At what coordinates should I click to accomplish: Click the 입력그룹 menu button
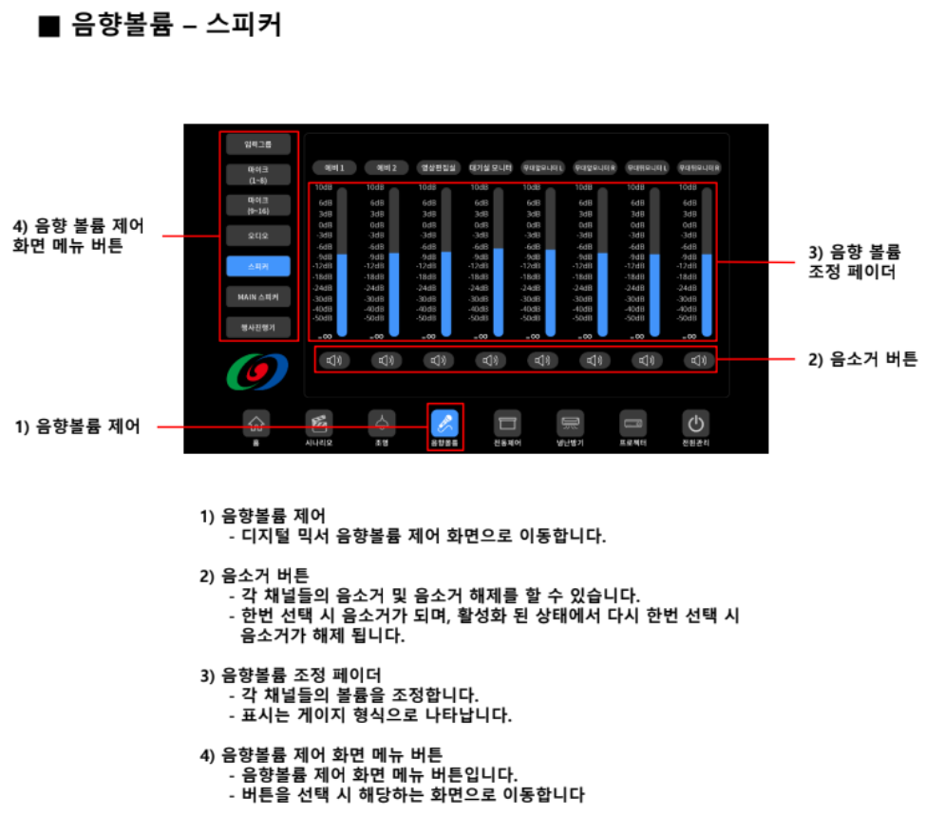click(x=258, y=145)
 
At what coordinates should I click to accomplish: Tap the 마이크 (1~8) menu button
click(x=258, y=175)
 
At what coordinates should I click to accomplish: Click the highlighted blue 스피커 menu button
click(x=258, y=267)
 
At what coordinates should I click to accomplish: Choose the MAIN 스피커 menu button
click(x=258, y=297)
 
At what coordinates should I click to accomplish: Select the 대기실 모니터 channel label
click(x=490, y=167)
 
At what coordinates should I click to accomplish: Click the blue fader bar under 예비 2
click(x=394, y=294)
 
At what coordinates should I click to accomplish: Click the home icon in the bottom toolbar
click(x=255, y=423)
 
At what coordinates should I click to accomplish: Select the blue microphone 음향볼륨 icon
click(x=444, y=423)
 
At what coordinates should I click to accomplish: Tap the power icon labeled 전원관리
click(x=696, y=423)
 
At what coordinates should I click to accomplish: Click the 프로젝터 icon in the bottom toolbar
click(x=633, y=423)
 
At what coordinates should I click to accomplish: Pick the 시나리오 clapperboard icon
click(x=319, y=423)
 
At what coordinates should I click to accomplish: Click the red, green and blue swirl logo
click(x=254, y=372)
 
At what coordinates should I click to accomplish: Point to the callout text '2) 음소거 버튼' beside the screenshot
click(x=848, y=359)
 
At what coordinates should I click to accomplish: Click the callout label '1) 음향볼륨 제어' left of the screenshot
click(x=77, y=427)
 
